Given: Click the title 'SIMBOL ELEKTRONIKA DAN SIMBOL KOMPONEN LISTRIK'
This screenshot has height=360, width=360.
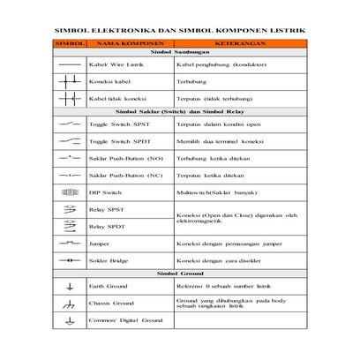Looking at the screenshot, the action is [x=180, y=28].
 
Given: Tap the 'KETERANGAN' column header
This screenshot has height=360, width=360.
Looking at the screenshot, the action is [x=240, y=41].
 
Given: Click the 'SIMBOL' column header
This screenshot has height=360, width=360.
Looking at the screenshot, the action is [x=68, y=41].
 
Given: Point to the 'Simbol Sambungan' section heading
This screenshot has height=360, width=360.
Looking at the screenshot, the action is [x=180, y=53].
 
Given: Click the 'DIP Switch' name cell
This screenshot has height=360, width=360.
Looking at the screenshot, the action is [x=104, y=191].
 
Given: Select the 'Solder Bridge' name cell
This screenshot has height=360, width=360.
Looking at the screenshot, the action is [x=108, y=261].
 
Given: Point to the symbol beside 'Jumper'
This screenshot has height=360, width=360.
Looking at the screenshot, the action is [x=68, y=242].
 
